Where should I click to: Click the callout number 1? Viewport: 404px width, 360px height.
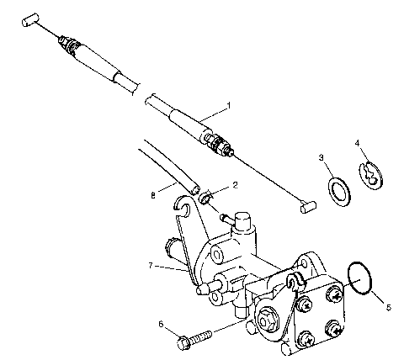pyautogui.click(x=227, y=106)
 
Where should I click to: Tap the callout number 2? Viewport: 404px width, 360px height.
pyautogui.click(x=235, y=183)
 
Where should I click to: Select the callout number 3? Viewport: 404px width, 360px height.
pyautogui.click(x=321, y=157)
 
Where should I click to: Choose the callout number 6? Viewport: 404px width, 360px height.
pyautogui.click(x=161, y=324)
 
